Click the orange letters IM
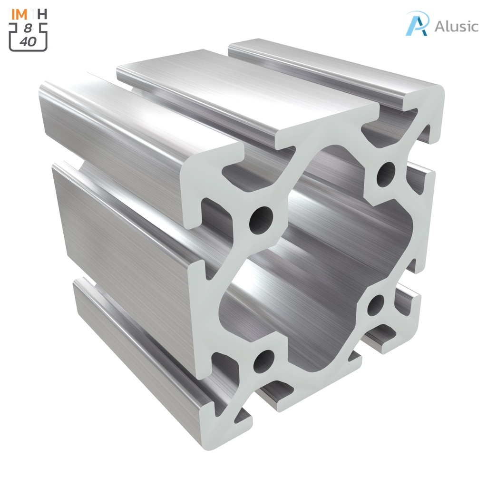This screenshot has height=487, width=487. click(x=19, y=14)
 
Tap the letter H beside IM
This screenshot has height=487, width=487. click(x=42, y=14)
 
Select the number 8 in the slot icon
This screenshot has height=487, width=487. click(x=29, y=29)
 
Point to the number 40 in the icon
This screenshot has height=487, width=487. click(x=28, y=41)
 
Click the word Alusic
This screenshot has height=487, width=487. click(x=456, y=26)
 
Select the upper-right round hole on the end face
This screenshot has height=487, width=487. click(x=386, y=175)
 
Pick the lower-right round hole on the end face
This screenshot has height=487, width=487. click(x=376, y=305)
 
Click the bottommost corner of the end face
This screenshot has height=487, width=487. click(x=214, y=440)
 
